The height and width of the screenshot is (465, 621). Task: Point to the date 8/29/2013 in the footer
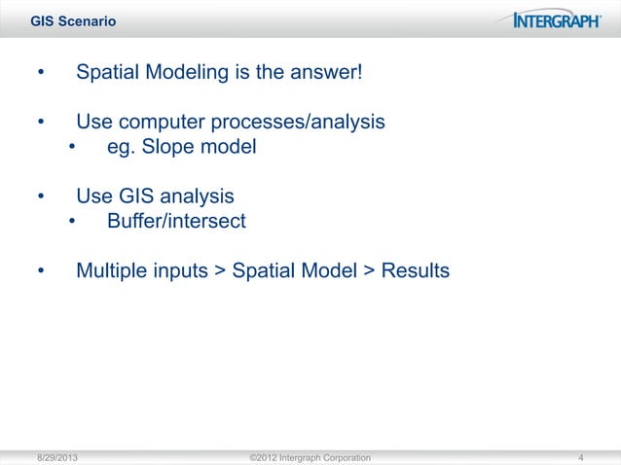(x=59, y=457)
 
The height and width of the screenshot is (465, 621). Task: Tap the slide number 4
(x=580, y=457)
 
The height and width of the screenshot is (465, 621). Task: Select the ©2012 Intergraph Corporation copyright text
(x=310, y=457)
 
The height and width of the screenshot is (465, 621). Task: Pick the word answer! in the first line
(x=328, y=74)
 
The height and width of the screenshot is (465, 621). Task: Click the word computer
(x=158, y=123)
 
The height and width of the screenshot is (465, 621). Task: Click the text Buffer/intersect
(x=176, y=221)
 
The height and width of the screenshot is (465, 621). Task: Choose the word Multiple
(x=114, y=269)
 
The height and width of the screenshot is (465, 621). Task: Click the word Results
(x=416, y=269)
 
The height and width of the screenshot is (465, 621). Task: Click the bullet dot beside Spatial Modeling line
(x=41, y=75)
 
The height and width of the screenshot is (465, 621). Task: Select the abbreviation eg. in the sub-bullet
(x=120, y=148)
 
